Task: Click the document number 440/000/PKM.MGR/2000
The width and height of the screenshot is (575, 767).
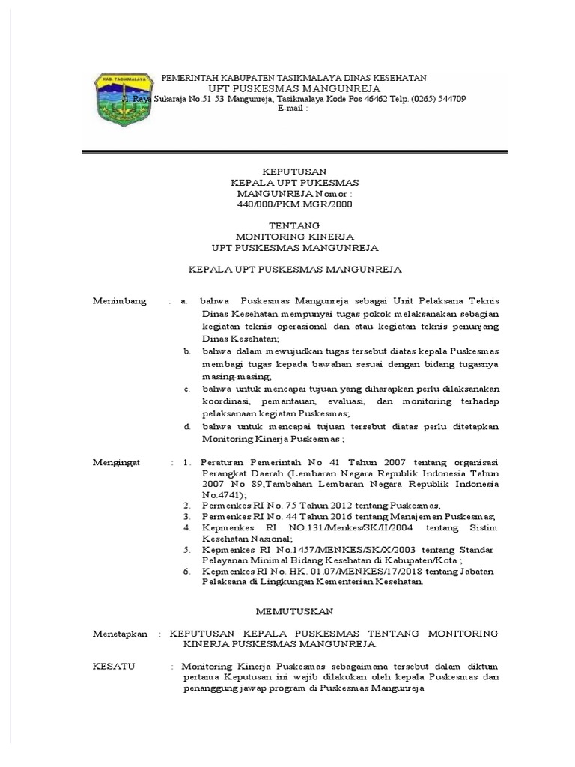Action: click(293, 203)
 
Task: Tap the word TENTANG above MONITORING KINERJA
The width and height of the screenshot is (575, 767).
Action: click(293, 225)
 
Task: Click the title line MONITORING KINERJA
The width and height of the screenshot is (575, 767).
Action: click(293, 236)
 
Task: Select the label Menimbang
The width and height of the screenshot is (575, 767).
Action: click(120, 300)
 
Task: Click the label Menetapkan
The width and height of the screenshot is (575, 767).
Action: click(120, 633)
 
